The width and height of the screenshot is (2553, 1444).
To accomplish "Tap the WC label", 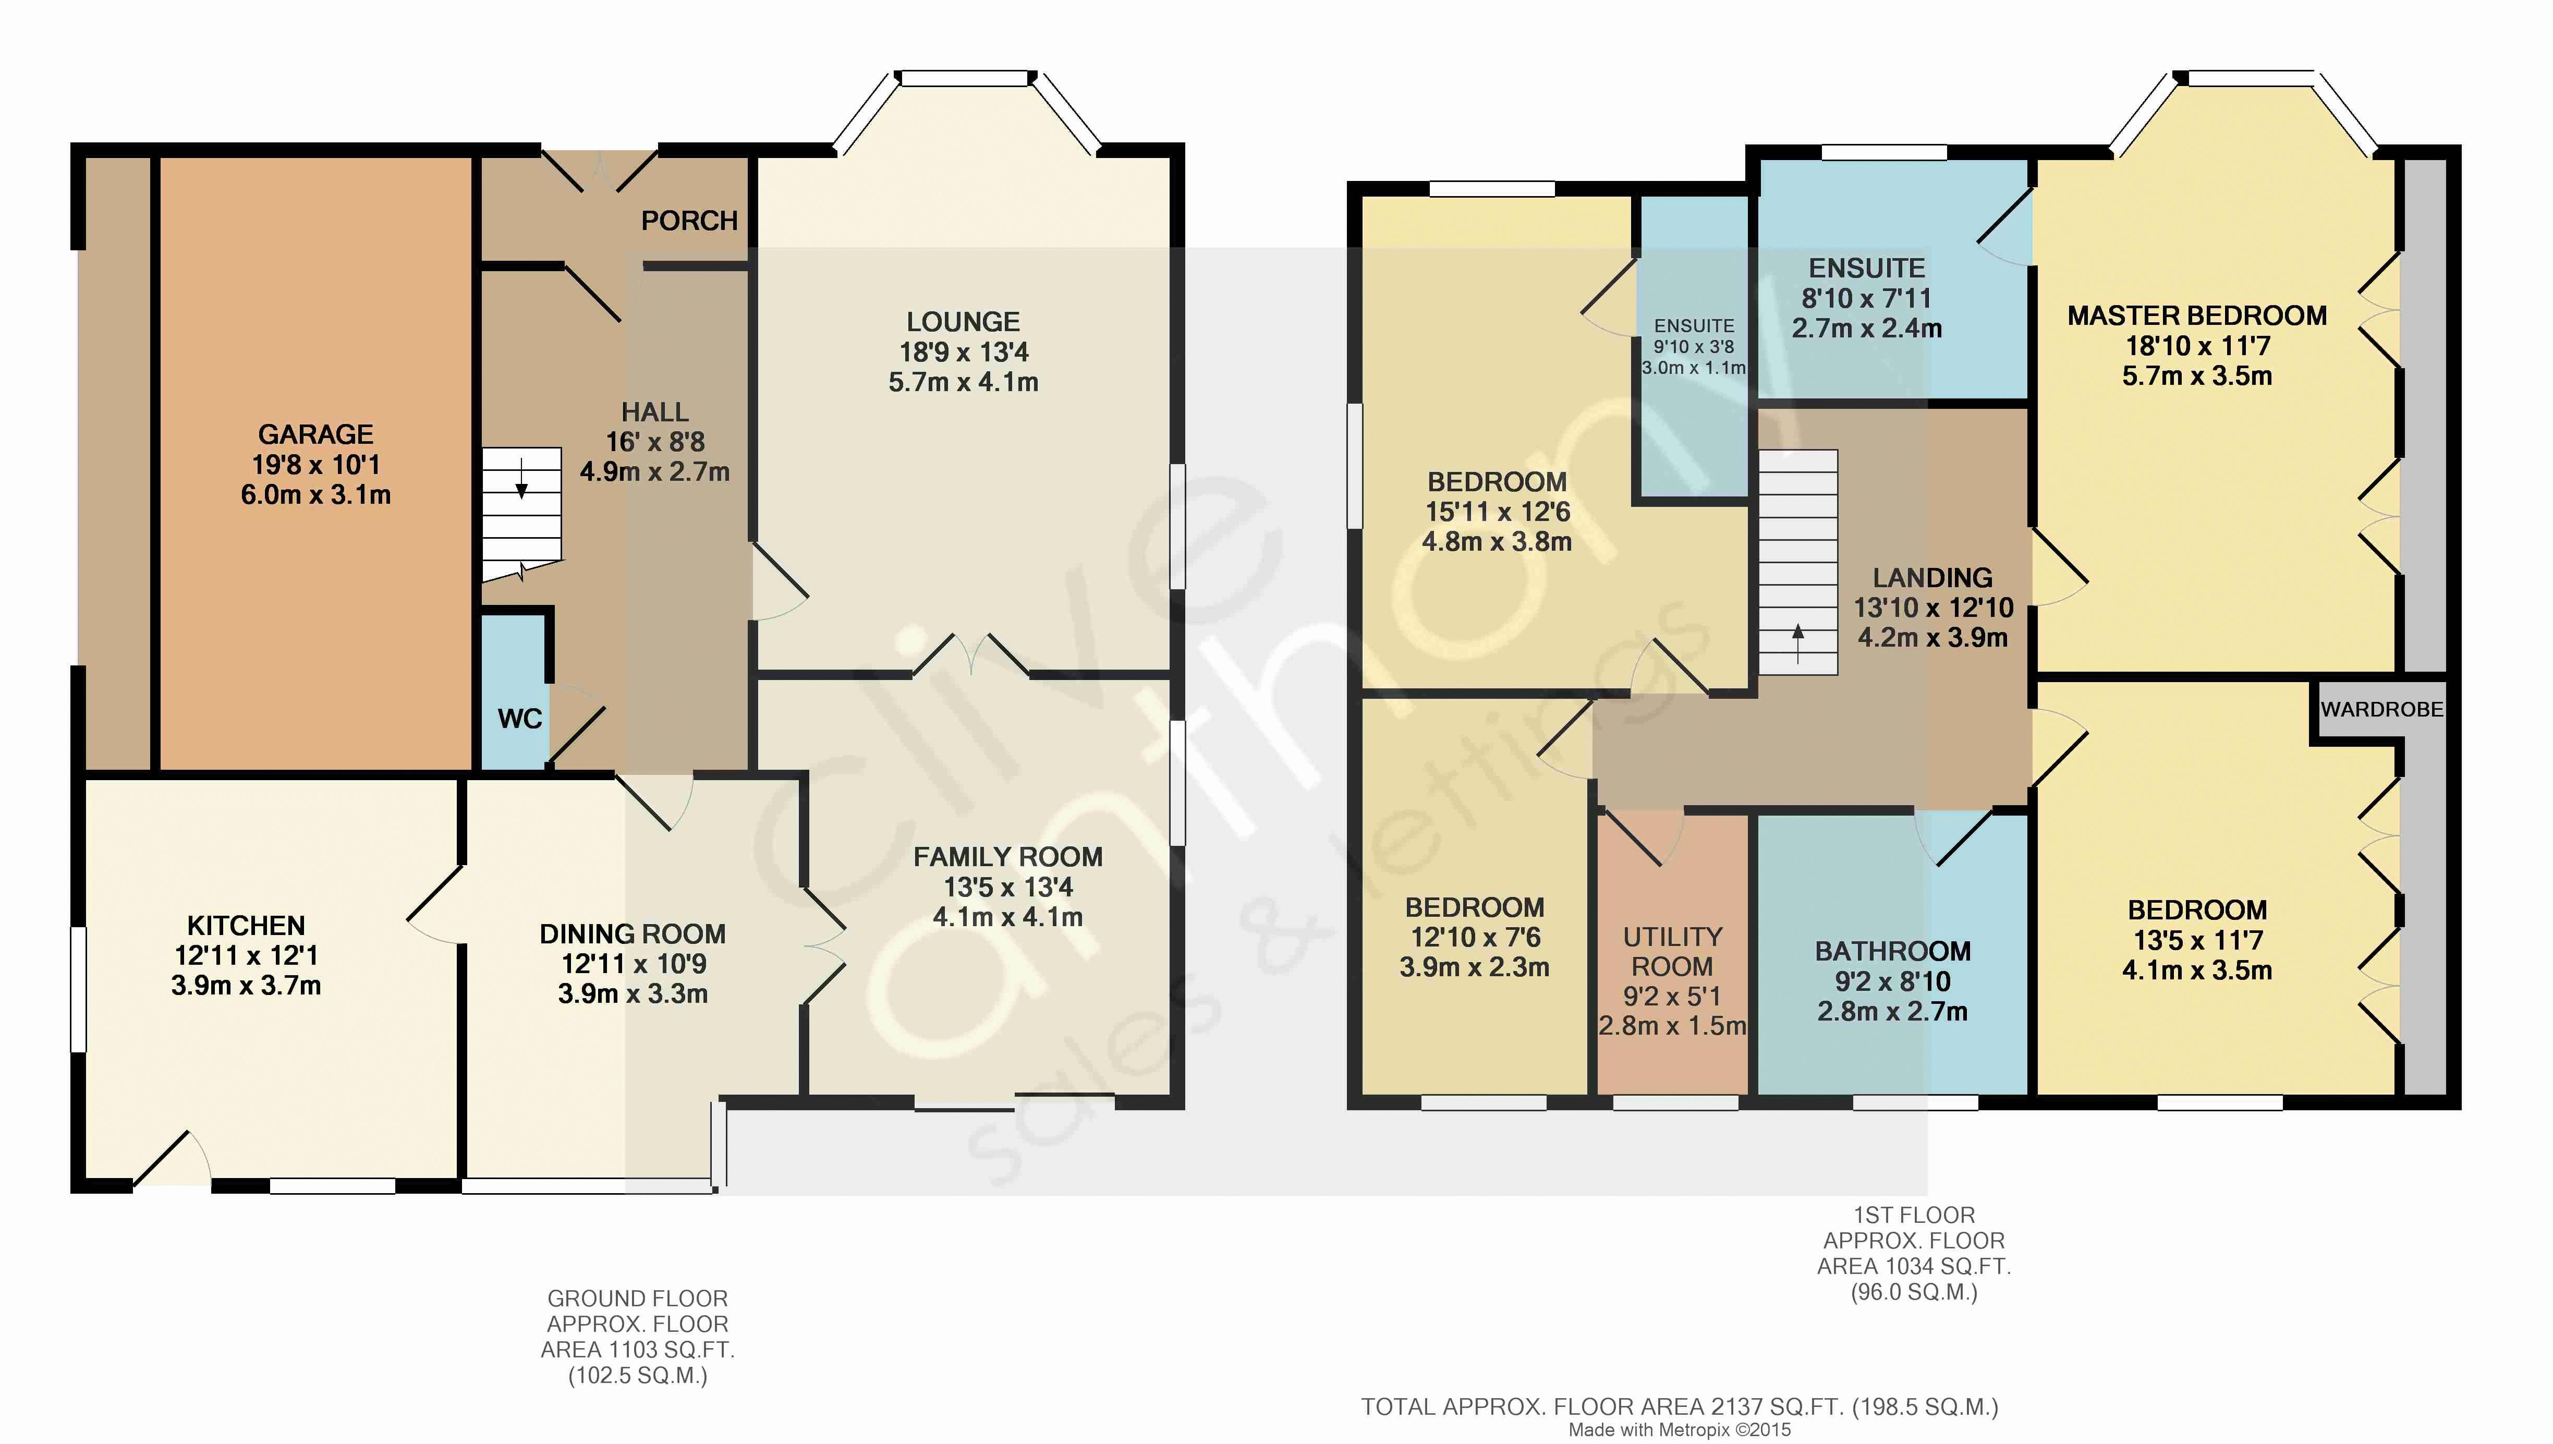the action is tap(519, 719).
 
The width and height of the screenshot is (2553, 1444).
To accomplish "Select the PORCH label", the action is tap(689, 220).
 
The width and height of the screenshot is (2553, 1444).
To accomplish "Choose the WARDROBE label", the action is tap(2381, 709).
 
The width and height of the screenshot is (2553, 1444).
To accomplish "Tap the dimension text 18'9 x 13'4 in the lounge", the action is tap(964, 352).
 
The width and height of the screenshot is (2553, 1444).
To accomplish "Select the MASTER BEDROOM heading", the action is tap(2197, 316).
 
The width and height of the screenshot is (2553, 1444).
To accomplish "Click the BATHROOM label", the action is tap(1893, 951).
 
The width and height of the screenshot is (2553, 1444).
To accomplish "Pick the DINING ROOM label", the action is tap(633, 933).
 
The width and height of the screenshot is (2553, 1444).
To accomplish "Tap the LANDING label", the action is tap(1932, 577).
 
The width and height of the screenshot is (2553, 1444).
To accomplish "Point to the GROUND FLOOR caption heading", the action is tap(638, 1298).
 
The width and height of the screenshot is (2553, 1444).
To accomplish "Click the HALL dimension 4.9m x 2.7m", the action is tap(654, 472).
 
